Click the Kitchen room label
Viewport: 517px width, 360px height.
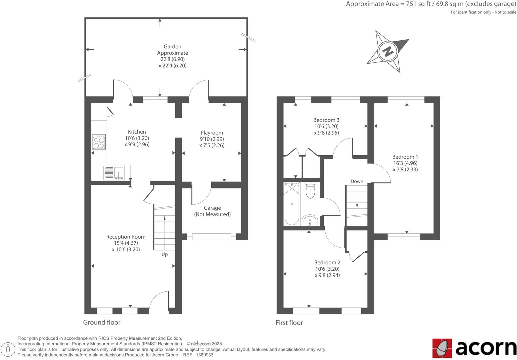137,132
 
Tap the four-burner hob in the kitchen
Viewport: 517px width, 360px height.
99,142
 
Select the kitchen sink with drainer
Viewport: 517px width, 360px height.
114,173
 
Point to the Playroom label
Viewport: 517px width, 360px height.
212,133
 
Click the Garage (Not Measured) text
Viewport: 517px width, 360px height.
212,211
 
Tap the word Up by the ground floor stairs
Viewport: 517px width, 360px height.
165,254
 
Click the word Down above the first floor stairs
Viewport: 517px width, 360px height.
357,181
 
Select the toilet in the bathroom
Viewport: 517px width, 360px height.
310,191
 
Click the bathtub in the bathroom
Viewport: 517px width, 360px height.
292,204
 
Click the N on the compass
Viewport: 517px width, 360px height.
388,52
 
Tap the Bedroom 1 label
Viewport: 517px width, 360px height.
405,157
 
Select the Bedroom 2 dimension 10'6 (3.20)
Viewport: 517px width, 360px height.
327,269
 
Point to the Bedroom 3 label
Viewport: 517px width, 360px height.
326,120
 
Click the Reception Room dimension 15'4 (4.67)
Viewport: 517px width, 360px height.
126,243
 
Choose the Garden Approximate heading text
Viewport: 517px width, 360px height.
172,50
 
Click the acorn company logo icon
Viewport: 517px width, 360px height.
442,348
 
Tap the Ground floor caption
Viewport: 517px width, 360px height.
102,322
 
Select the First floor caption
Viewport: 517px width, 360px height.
289,323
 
